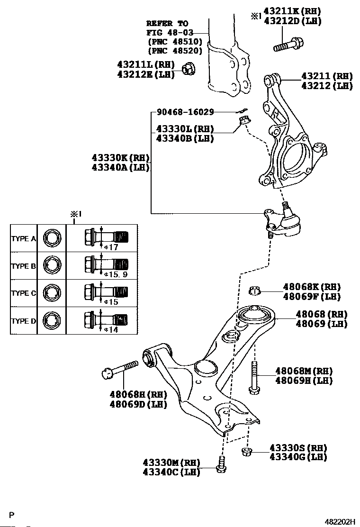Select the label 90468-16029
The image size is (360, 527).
[185, 112]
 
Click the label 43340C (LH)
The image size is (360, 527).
[171, 472]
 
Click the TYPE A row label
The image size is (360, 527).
[23, 239]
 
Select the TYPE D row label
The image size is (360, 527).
[23, 321]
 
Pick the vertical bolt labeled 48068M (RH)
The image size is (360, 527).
[255, 377]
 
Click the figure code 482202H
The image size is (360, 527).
[340, 522]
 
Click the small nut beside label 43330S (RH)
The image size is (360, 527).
[246, 451]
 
